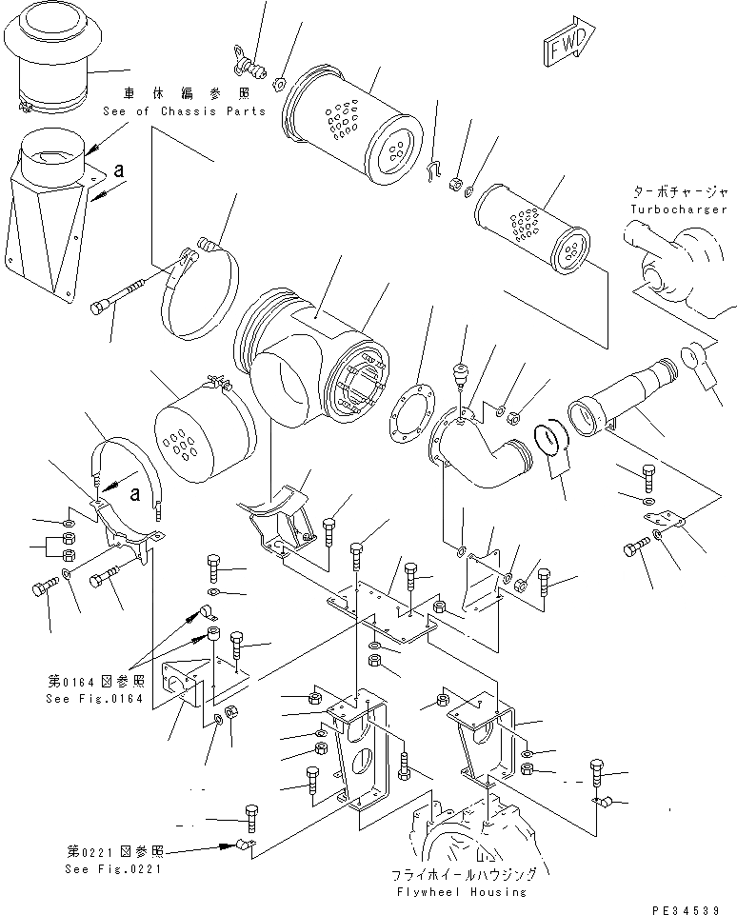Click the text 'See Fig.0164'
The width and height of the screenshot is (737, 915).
93,698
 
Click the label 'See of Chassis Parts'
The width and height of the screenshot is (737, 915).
185,111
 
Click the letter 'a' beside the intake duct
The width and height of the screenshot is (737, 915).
117,169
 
